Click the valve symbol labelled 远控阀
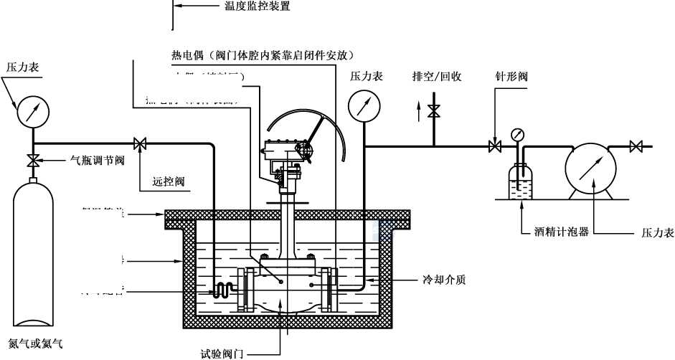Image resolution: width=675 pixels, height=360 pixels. [x=140, y=145]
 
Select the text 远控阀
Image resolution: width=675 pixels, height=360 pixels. [x=170, y=181]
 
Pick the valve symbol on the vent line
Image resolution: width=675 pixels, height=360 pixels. [x=433, y=111]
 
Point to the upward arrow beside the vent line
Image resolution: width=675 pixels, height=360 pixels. [x=420, y=110]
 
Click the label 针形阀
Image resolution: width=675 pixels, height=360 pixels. [x=511, y=75]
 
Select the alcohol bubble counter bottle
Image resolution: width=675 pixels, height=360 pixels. [x=521, y=181]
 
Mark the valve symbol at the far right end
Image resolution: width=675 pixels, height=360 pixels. [x=635, y=147]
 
